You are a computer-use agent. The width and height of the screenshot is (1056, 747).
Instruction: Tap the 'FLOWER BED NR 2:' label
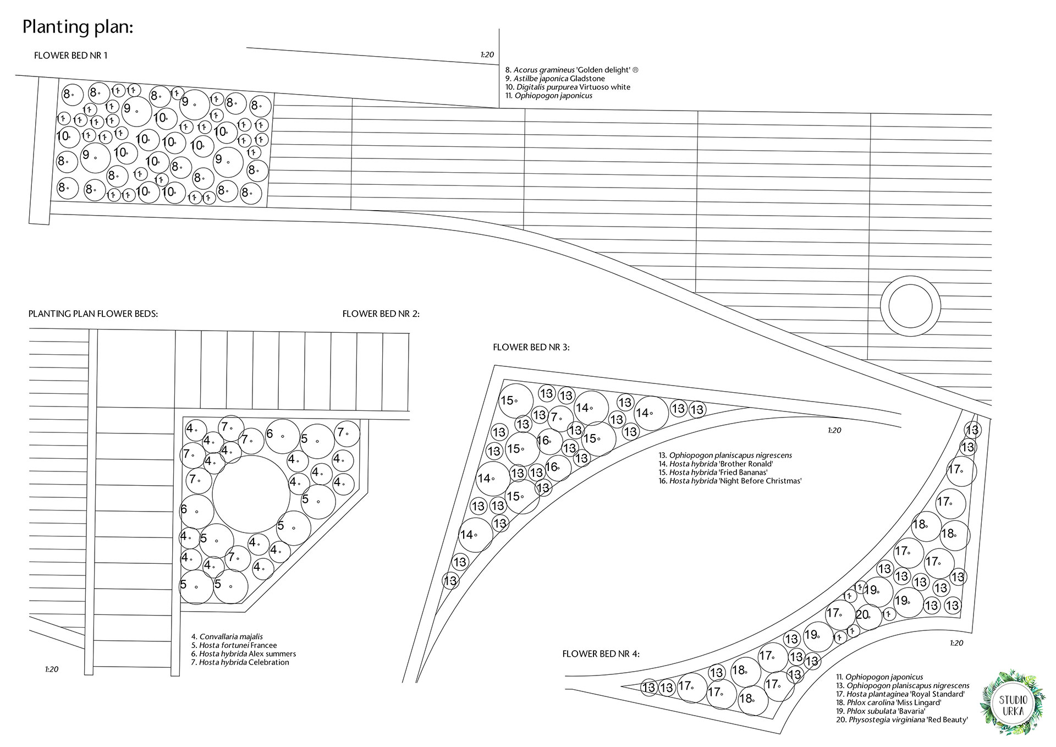(x=381, y=314)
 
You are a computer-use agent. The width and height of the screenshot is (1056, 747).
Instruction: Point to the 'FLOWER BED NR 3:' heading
(x=531, y=348)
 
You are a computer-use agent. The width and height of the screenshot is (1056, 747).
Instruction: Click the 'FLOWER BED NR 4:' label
(x=601, y=654)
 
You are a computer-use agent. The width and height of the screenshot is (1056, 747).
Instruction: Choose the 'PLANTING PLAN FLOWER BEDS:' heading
(x=94, y=315)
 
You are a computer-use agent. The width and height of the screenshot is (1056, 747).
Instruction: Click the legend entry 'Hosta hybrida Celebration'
(x=240, y=662)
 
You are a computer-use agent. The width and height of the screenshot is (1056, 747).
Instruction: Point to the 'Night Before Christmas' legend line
(x=730, y=481)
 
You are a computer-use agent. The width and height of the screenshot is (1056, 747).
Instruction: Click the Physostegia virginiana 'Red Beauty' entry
(x=902, y=719)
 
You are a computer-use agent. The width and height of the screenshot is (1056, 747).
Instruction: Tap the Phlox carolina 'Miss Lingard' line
(x=889, y=702)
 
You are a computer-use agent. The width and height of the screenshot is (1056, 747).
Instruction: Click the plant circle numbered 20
(x=866, y=616)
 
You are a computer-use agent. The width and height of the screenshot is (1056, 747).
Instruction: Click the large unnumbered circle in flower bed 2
(x=251, y=494)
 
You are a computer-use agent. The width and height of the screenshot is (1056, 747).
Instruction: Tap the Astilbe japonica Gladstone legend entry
(x=555, y=79)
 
